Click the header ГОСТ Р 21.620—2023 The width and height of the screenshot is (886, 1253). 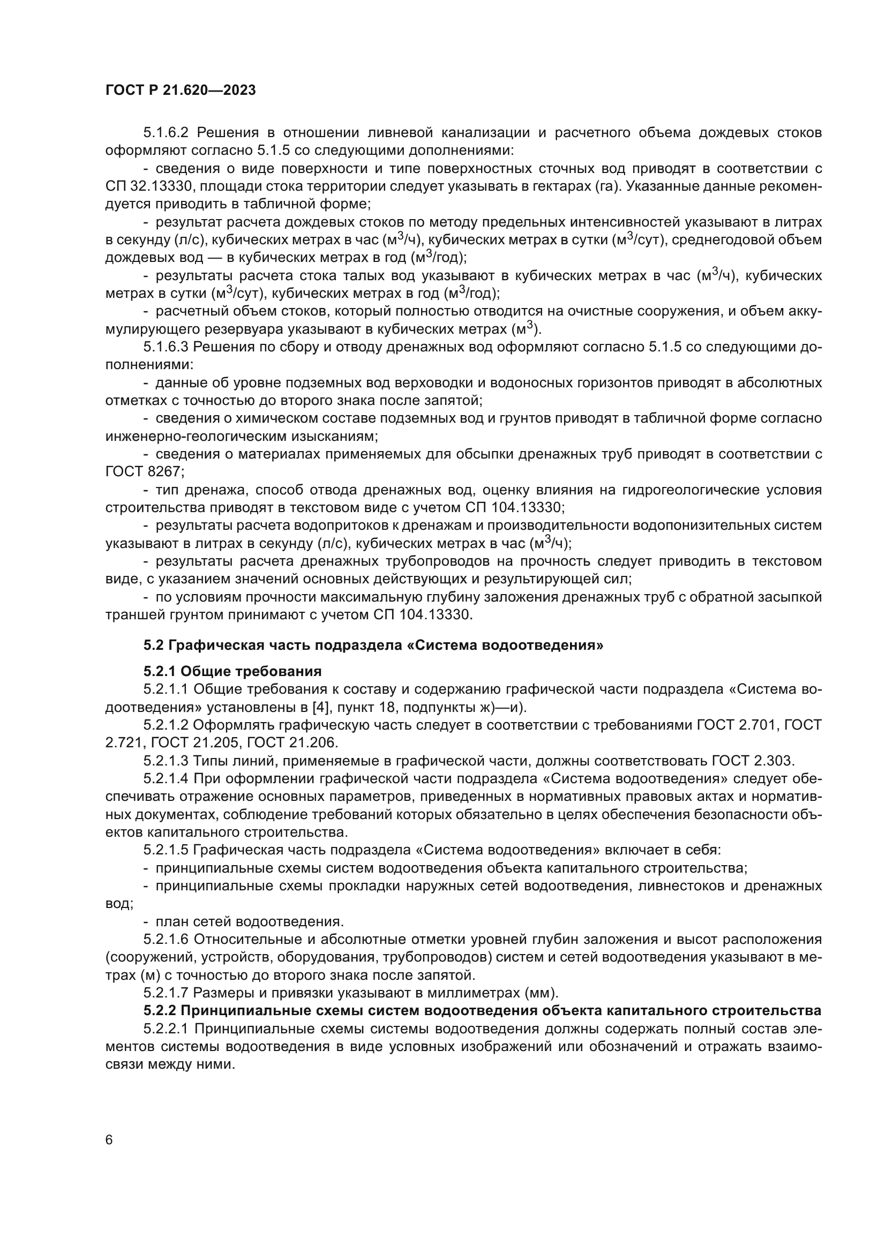click(181, 91)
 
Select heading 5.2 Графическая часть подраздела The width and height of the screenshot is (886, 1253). click(373, 646)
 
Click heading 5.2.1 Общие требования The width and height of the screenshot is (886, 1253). click(232, 671)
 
